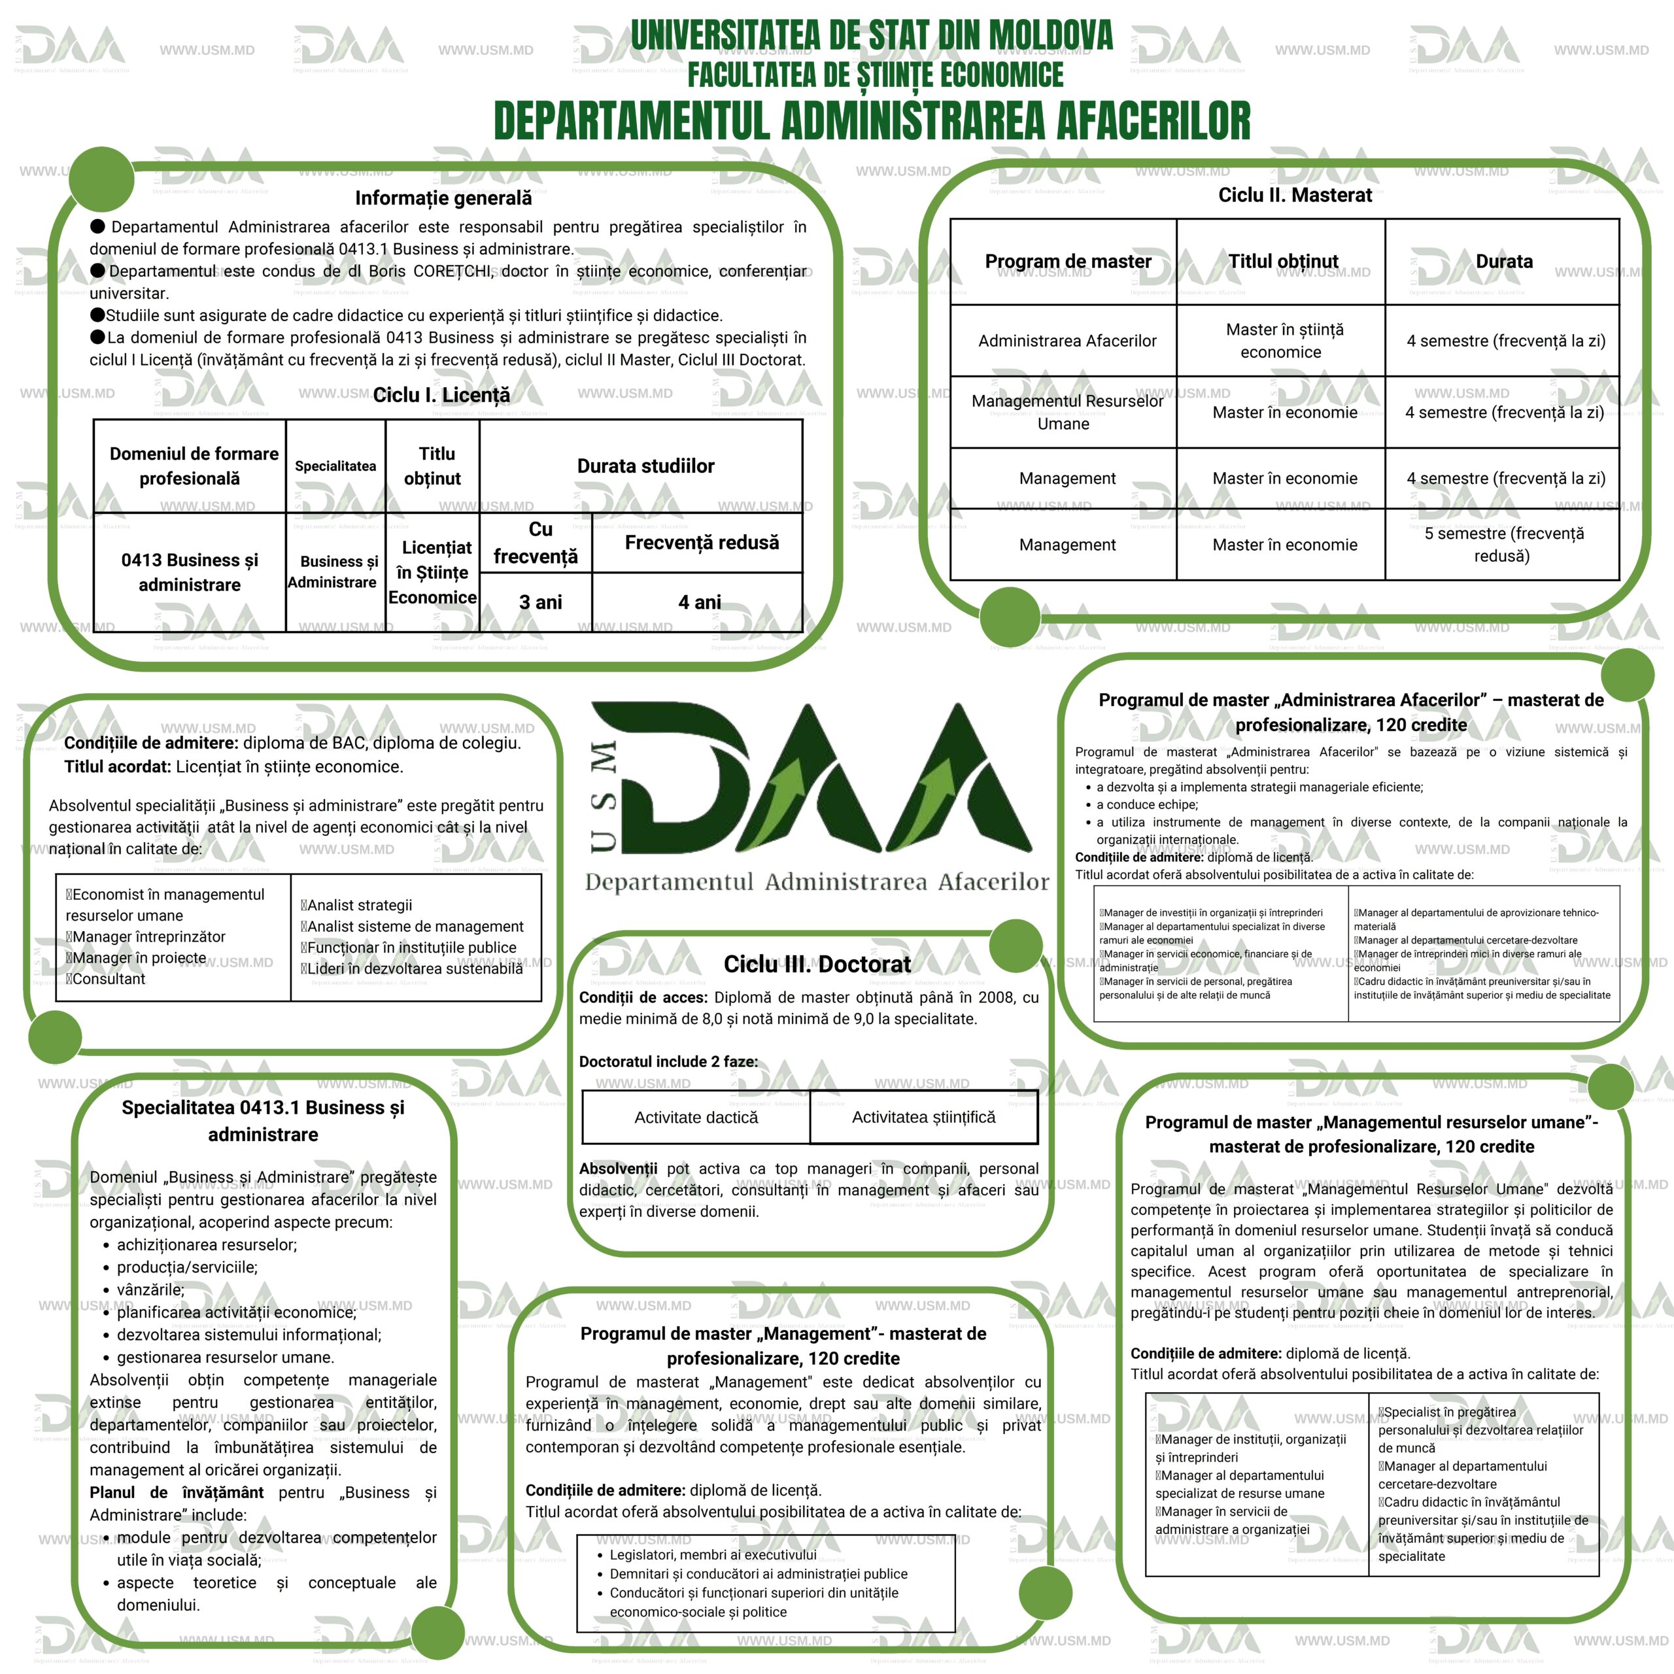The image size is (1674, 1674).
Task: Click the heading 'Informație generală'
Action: tap(443, 198)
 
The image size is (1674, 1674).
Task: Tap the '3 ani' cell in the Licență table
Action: tap(541, 602)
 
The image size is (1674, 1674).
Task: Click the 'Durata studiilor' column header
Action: tap(645, 466)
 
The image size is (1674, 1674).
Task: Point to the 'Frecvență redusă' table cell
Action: tap(701, 542)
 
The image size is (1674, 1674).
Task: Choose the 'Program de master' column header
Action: tap(1067, 262)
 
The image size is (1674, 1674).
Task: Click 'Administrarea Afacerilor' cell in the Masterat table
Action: tap(1067, 341)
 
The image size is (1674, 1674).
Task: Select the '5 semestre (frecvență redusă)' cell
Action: tap(1503, 545)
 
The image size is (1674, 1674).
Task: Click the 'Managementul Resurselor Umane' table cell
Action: tap(1066, 413)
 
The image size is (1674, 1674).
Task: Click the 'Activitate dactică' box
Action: tap(696, 1118)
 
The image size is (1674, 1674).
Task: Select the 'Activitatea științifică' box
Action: tap(924, 1118)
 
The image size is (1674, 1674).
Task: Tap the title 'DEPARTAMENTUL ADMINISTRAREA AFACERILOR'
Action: tap(872, 122)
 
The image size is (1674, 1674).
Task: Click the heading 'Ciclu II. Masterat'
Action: tap(1295, 196)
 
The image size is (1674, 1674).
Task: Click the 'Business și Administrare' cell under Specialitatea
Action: tap(335, 572)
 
